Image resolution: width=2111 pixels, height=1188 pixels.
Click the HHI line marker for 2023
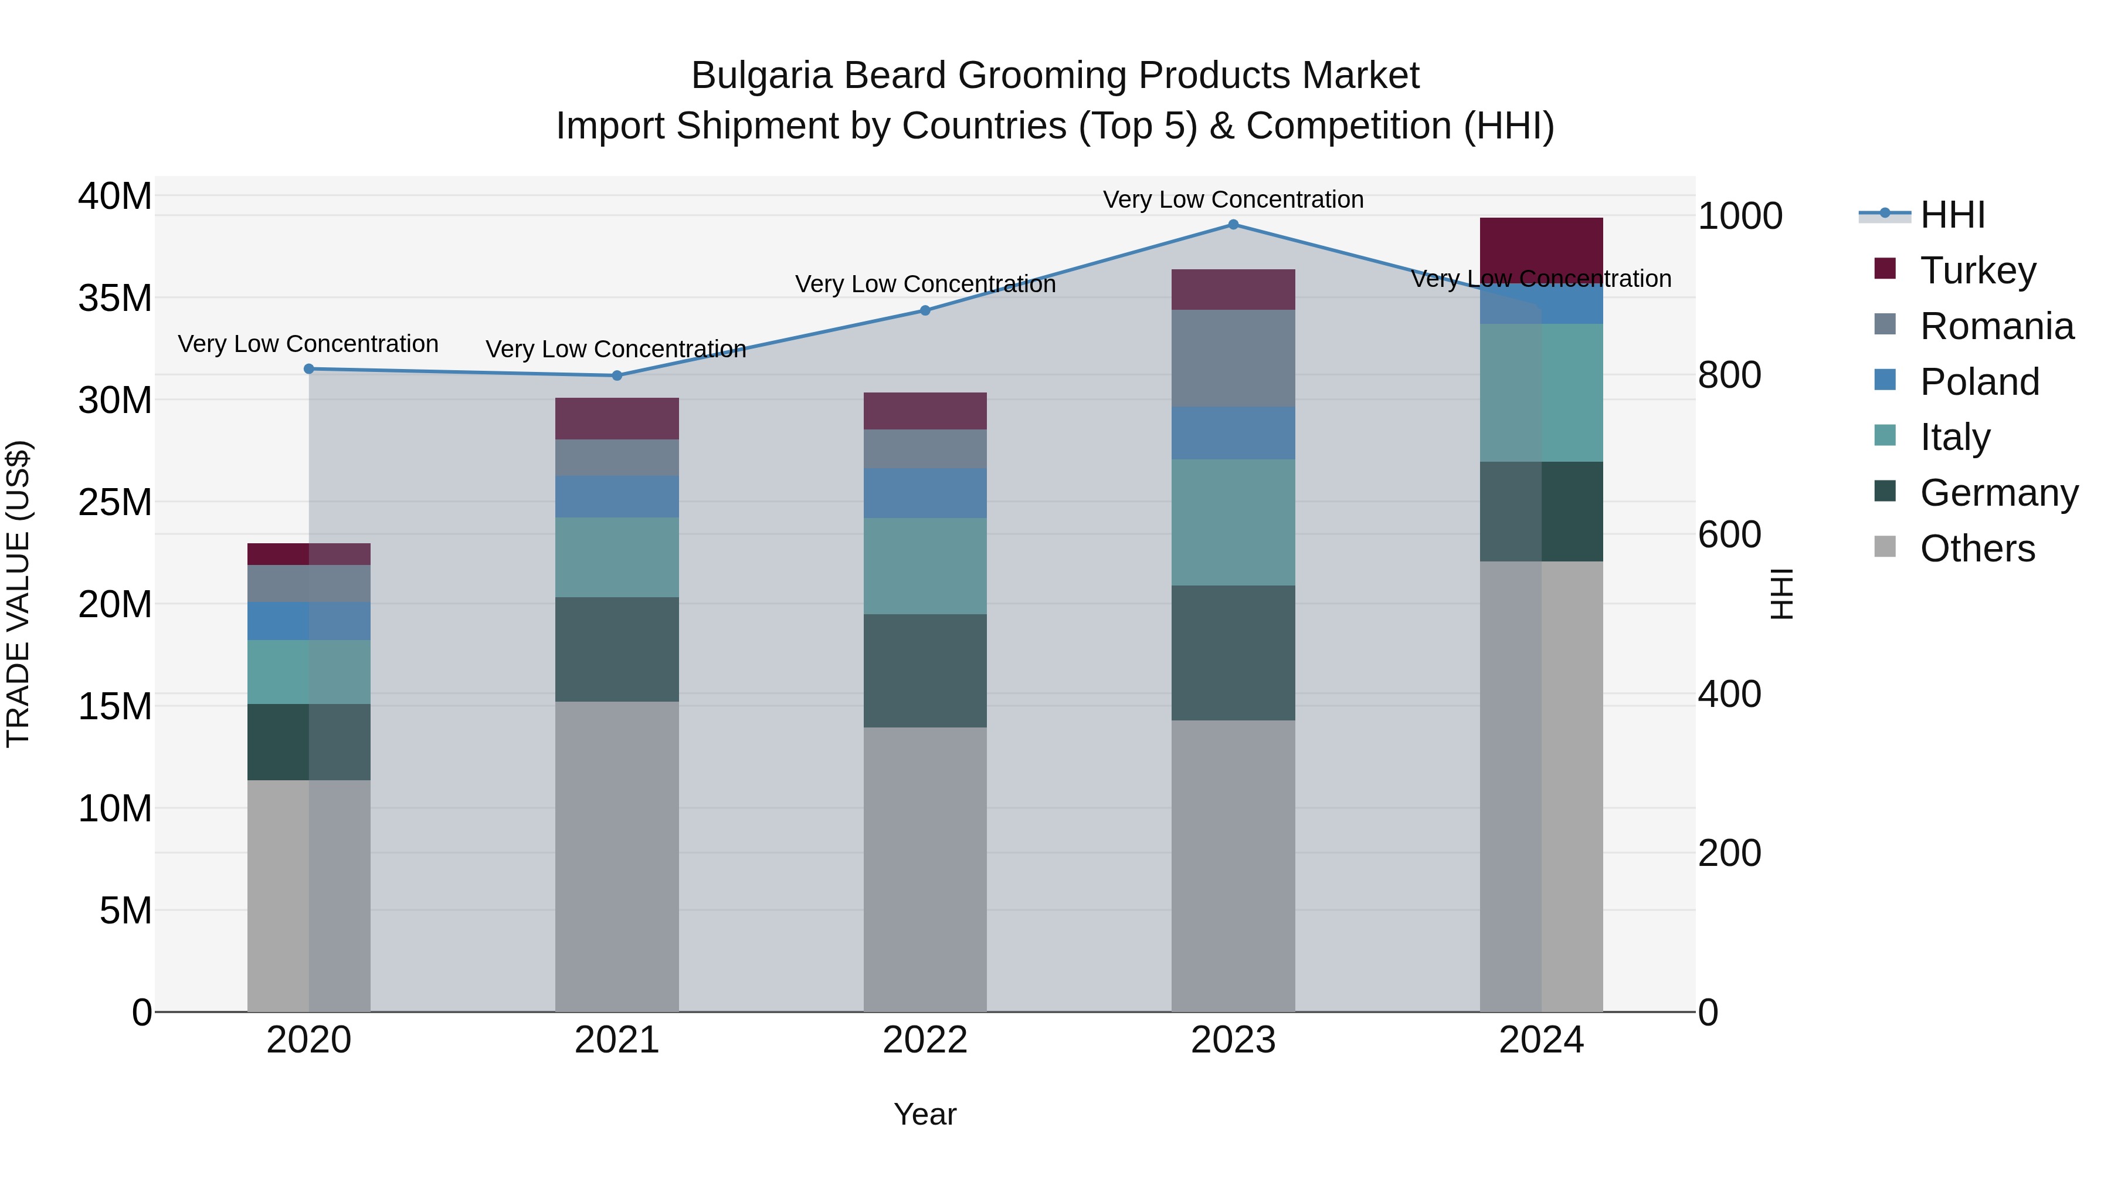[1233, 225]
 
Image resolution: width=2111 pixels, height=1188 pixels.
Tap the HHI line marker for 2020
[309, 369]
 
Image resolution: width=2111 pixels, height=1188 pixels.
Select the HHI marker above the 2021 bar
[617, 375]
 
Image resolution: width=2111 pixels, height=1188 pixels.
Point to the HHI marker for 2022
[925, 311]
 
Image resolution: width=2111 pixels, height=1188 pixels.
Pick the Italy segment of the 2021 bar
[617, 557]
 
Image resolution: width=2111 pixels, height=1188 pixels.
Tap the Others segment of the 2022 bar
[925, 869]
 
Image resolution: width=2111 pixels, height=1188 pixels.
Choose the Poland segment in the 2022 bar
[925, 493]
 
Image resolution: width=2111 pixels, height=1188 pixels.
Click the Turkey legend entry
[1977, 270]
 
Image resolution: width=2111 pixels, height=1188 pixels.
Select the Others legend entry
[1977, 549]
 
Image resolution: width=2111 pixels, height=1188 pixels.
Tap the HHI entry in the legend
[1952, 215]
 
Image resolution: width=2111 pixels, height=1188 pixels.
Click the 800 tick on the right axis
[1729, 375]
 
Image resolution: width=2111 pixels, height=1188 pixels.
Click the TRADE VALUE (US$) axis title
[18, 594]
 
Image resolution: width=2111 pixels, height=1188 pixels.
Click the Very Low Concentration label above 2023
[1233, 199]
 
